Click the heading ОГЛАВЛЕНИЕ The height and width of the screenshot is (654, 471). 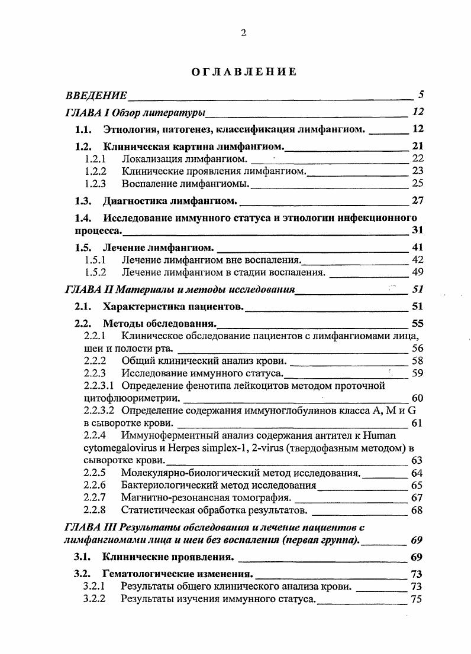(x=243, y=72)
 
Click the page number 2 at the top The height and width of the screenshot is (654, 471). (x=243, y=33)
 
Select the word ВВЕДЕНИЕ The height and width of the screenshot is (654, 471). (x=96, y=95)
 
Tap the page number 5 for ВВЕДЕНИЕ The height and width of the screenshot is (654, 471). (x=420, y=94)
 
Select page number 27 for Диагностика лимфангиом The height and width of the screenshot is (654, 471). (x=417, y=200)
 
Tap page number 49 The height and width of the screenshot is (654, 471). (x=417, y=272)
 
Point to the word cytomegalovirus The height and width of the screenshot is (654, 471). (x=117, y=447)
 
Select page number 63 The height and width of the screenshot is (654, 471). (x=417, y=460)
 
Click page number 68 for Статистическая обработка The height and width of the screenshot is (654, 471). (x=417, y=510)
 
